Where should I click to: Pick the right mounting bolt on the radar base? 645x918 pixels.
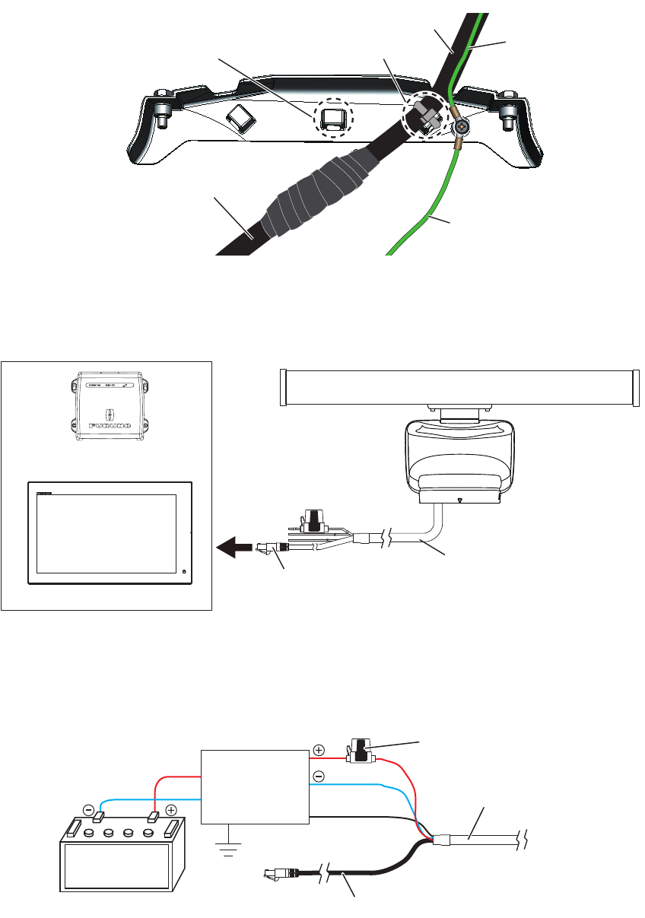click(x=508, y=115)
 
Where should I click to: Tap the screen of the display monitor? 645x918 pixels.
click(x=106, y=533)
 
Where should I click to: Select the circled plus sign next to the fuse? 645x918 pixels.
click(x=319, y=750)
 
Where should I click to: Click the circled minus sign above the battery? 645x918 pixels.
click(x=89, y=810)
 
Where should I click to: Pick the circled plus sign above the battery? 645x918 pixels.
click(x=170, y=811)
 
